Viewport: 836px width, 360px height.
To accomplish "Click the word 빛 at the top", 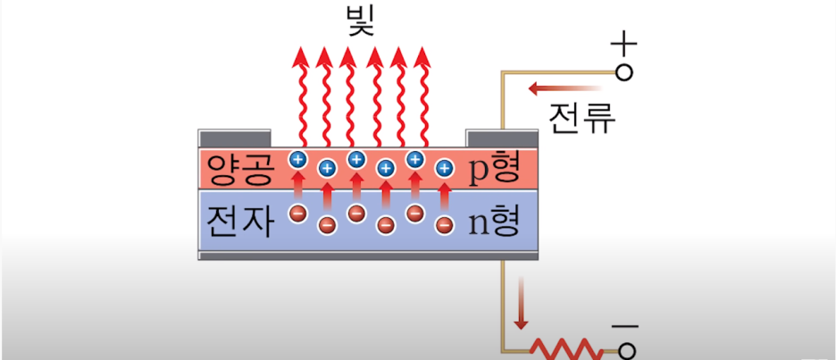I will pos(361,20).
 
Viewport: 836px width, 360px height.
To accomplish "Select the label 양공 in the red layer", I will pos(238,169).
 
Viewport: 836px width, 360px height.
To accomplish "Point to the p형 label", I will pos(493,169).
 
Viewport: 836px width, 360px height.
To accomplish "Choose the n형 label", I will pos(493,221).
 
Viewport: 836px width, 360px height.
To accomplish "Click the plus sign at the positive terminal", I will pos(624,42).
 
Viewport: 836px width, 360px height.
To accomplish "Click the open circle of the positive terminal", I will pos(624,72).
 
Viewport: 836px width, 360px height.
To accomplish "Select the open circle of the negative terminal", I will pos(625,351).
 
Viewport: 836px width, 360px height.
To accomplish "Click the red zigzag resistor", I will pos(563,348).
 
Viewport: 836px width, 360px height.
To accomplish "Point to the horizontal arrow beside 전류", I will pos(564,88).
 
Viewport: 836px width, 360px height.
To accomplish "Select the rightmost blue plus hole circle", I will pos(444,167).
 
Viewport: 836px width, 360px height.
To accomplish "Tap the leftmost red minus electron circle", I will pos(298,213).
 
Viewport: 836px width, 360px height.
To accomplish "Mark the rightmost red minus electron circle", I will pos(444,222).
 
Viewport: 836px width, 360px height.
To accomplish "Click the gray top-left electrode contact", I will pos(234,138).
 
